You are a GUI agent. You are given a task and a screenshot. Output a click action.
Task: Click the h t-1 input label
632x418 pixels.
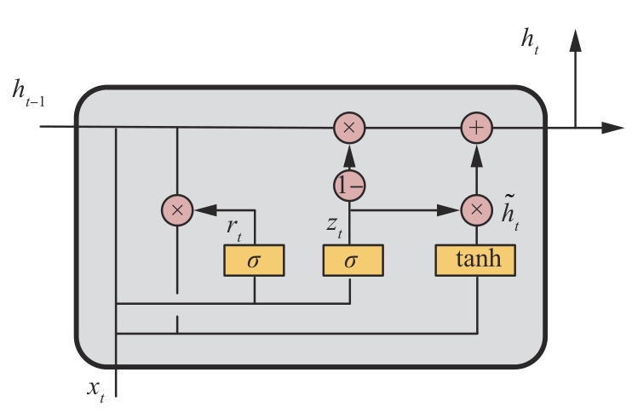coord(27,92)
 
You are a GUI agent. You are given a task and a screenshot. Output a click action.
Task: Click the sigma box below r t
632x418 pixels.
coord(253,261)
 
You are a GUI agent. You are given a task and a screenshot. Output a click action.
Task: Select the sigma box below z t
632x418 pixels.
coord(351,261)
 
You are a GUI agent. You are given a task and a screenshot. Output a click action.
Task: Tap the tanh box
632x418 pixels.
coord(475,261)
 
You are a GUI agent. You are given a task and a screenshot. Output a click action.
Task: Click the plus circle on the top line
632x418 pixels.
coord(477,129)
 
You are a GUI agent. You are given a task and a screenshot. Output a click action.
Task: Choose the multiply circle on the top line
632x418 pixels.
coord(349,129)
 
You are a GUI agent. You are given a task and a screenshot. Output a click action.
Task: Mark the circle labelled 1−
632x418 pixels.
coord(349,185)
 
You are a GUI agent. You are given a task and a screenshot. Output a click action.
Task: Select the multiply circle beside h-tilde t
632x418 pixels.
coord(477,209)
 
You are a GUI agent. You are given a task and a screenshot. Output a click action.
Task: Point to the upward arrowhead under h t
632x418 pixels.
coord(576,39)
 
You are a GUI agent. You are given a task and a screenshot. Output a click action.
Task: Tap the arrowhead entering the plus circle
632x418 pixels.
coord(477,156)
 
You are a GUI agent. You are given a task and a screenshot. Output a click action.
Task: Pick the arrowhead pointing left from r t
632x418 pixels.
coord(204,209)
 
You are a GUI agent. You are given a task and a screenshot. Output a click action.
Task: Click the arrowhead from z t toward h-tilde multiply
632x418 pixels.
coord(449,209)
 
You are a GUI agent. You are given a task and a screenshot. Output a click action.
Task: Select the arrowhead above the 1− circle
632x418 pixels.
coord(349,156)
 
